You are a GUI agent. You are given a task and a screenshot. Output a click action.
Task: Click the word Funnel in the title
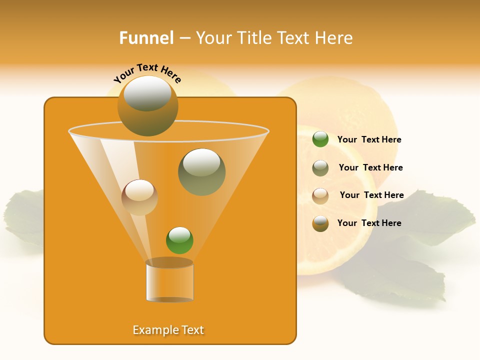click(x=146, y=38)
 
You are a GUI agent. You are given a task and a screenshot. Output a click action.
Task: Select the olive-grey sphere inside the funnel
click(x=201, y=172)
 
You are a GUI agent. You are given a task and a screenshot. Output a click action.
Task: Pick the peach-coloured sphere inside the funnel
click(x=139, y=197)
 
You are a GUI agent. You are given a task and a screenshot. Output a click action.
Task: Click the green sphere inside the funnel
click(x=179, y=240)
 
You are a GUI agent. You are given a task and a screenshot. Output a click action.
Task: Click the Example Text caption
click(x=168, y=330)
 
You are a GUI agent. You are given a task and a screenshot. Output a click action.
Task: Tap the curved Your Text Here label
click(x=147, y=73)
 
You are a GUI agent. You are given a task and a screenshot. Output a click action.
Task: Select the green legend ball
click(x=320, y=139)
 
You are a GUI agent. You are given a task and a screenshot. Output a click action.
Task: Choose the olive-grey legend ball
click(x=320, y=168)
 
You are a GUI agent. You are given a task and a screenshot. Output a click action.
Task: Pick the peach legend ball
click(x=320, y=196)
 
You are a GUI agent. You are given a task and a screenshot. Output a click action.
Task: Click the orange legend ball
click(x=320, y=223)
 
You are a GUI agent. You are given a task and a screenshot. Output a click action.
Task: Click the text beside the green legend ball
click(x=369, y=140)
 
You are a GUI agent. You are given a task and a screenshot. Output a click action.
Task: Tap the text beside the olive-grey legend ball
click(x=370, y=168)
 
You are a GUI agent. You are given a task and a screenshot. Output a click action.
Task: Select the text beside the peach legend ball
click(x=371, y=195)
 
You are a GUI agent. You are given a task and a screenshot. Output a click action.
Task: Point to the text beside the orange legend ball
click(x=369, y=223)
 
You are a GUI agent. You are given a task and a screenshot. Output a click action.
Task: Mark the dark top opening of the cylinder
click(x=169, y=262)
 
